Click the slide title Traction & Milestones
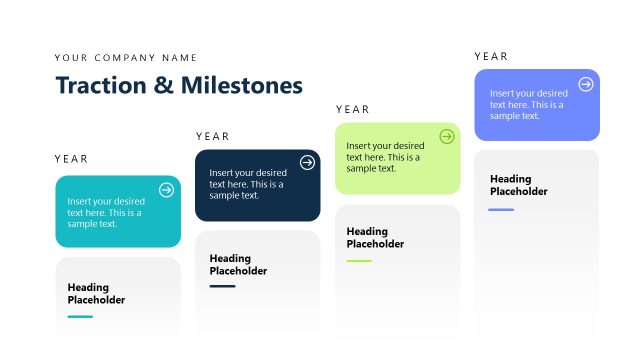pyautogui.click(x=179, y=86)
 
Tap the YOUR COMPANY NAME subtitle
pyautogui.click(x=126, y=58)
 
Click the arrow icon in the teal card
pyautogui.click(x=166, y=190)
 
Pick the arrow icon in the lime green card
pyautogui.click(x=446, y=137)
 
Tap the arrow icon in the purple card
pyautogui.click(x=586, y=84)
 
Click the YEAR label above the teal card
pyautogui.click(x=72, y=159)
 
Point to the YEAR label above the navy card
pyautogui.click(x=213, y=136)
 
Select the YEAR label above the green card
pyautogui.click(x=353, y=109)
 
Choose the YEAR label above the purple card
pyautogui.click(x=491, y=57)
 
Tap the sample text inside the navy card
pyautogui.click(x=247, y=183)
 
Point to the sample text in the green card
pyautogui.click(x=384, y=157)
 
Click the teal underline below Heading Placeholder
pyautogui.click(x=80, y=317)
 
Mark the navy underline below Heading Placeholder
pyautogui.click(x=222, y=287)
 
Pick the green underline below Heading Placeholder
pyautogui.click(x=359, y=261)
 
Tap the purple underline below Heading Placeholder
pyautogui.click(x=501, y=210)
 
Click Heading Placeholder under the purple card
pyautogui.click(x=518, y=185)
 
